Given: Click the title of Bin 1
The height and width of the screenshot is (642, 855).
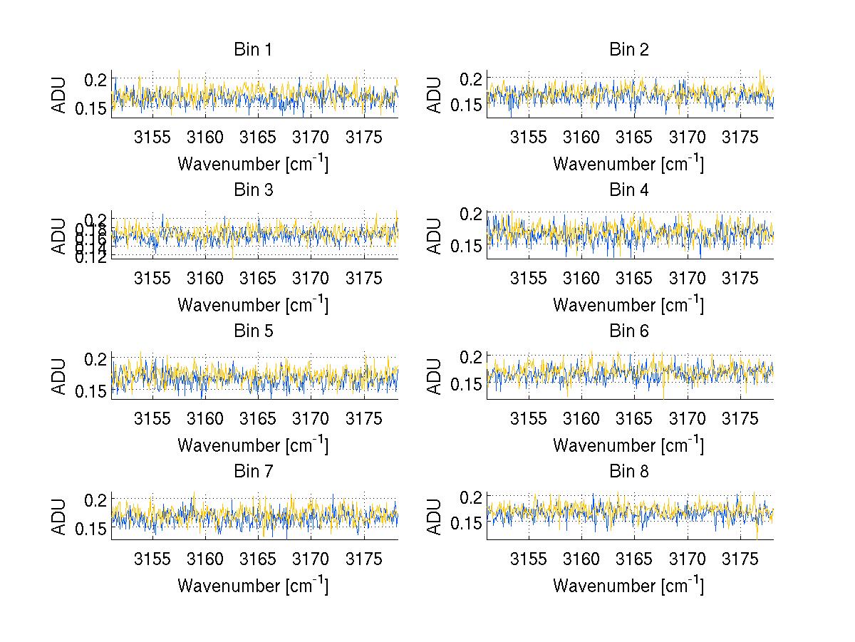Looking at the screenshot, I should [x=253, y=50].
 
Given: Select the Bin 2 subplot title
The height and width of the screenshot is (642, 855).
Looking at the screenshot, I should [x=628, y=50].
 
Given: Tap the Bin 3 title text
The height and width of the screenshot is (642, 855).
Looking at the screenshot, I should [x=253, y=190].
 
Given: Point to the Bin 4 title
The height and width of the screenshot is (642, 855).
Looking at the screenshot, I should [x=628, y=190].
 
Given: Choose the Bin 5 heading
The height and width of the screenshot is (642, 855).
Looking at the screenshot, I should [x=253, y=331].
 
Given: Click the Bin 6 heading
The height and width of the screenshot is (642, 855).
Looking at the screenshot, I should [x=628, y=331].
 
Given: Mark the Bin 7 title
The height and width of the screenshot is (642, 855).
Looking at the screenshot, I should [x=253, y=471].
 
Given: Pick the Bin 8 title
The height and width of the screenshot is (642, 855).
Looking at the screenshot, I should [x=628, y=471].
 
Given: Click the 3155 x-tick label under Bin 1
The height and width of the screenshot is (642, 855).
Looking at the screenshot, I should [x=152, y=137].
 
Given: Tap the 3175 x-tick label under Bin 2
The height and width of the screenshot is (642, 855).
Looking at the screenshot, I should [x=740, y=137].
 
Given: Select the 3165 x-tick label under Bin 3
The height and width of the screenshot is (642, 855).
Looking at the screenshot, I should [x=258, y=277].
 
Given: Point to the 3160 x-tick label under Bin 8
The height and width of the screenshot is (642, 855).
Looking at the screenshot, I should [x=581, y=558].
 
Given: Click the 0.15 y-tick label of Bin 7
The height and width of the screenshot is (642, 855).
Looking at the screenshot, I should [x=92, y=528].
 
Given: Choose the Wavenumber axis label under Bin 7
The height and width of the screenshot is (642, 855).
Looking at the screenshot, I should [x=253, y=586].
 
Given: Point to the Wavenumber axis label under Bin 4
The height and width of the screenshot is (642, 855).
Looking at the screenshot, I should [x=628, y=305].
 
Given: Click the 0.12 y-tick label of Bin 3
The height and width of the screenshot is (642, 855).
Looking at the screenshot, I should [x=93, y=257].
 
